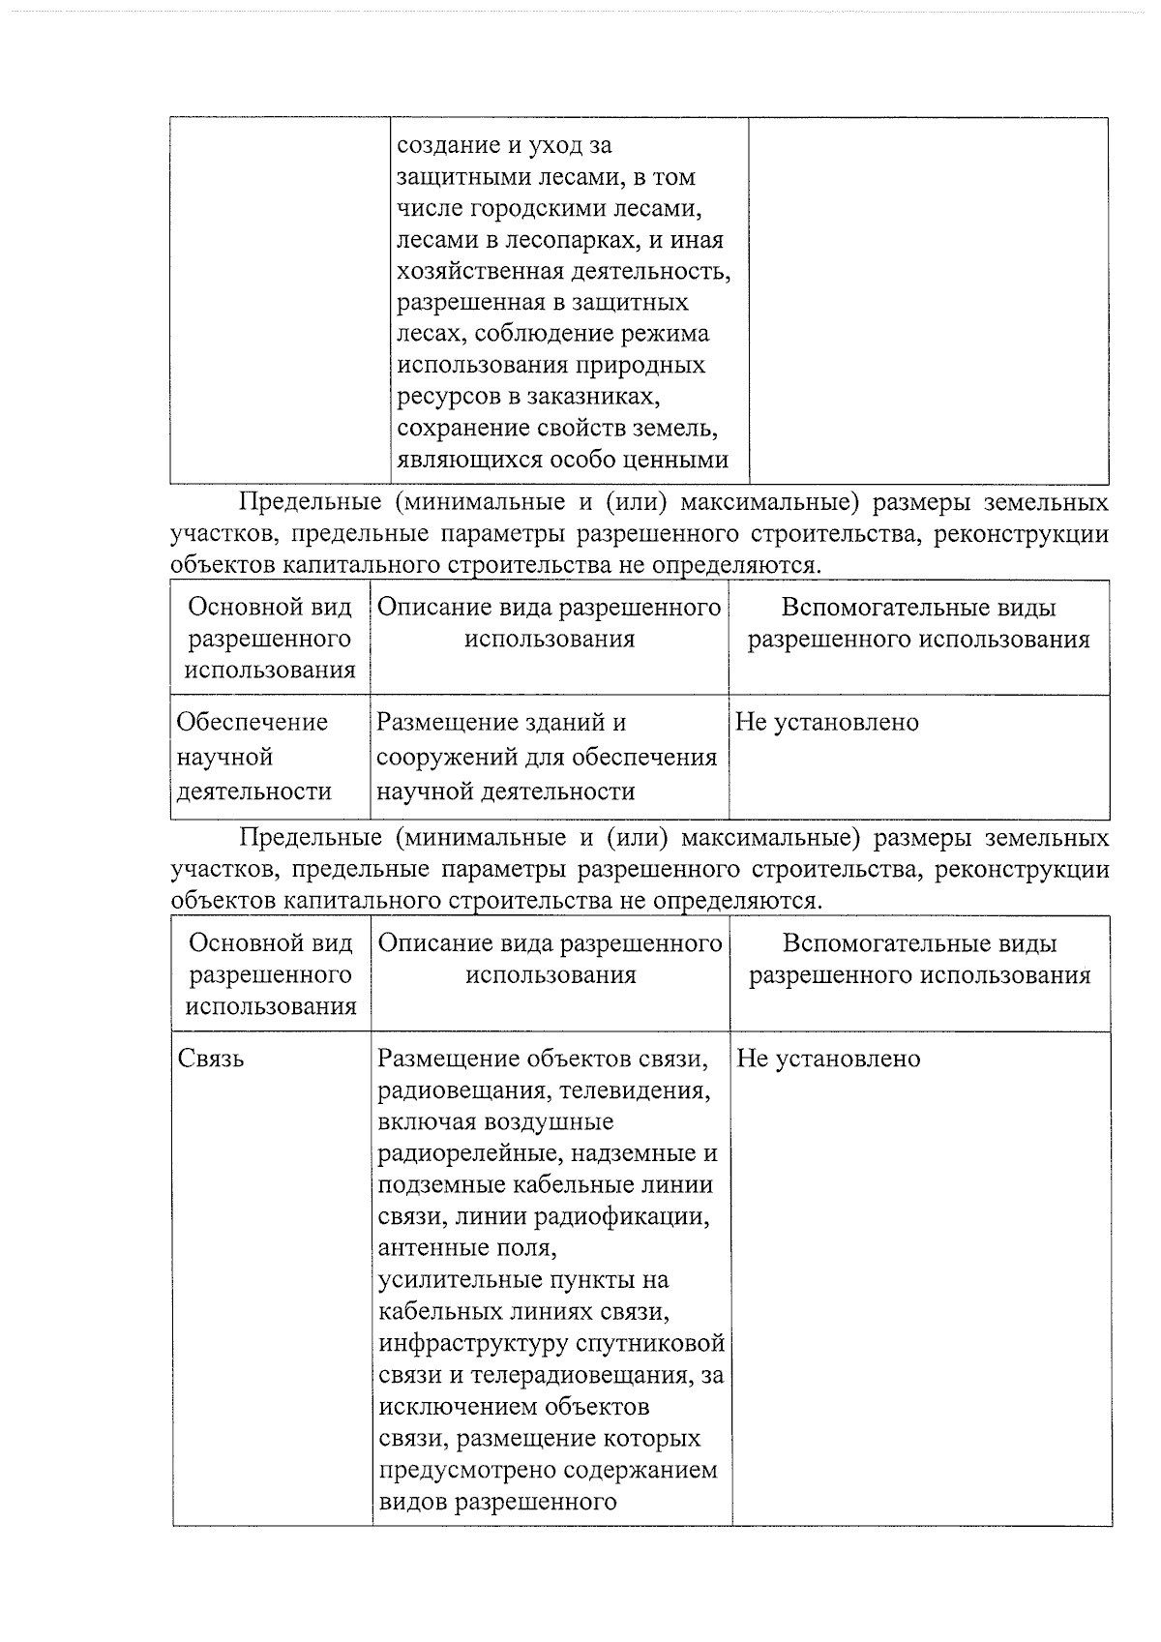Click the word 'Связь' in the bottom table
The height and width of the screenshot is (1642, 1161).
pos(211,1059)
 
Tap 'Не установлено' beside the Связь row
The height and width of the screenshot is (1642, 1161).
pos(828,1059)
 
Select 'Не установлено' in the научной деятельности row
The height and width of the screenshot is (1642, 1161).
pos(827,722)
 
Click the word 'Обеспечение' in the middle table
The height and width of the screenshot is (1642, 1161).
pos(253,722)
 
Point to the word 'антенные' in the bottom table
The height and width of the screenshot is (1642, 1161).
pos(422,1247)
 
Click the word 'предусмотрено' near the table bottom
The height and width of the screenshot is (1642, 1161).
pos(458,1470)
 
